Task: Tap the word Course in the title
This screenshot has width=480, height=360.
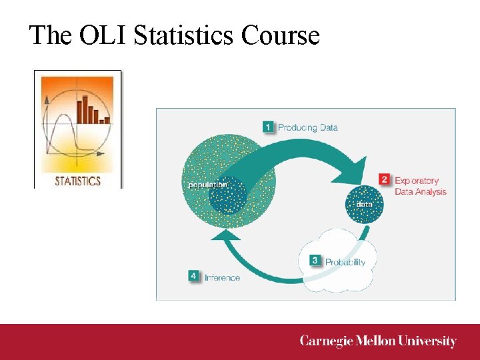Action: pos(281,35)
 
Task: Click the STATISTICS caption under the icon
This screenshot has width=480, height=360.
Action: pos(77,181)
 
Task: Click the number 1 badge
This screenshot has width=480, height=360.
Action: pos(268,127)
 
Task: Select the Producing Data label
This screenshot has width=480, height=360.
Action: pos(307,127)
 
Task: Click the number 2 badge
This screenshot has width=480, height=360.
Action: pos(385,179)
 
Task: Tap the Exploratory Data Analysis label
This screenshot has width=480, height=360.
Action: pos(420,186)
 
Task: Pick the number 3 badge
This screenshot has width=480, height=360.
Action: pos(315,261)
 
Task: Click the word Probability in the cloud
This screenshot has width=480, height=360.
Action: pos(345,262)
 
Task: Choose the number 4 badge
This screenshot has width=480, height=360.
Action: pos(194,276)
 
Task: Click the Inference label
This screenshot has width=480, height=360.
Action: pos(222,277)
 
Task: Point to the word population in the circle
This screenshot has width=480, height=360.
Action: pos(207,184)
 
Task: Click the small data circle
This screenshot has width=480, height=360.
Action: pos(365,203)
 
